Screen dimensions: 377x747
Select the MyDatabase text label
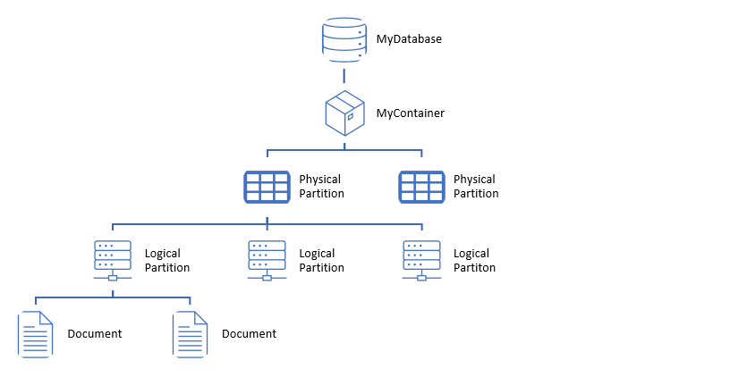409,39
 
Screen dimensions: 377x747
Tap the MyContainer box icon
344,113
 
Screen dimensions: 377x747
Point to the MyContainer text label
411,113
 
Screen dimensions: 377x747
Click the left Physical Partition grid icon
267,187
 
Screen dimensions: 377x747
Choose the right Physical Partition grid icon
421,187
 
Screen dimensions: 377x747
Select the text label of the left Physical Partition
321,187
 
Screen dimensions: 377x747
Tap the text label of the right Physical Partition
476,187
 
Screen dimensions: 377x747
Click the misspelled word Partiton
474,268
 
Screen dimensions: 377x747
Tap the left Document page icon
35,334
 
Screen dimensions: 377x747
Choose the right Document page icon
190,334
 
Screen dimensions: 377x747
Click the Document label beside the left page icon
95,334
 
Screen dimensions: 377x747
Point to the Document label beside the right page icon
249,334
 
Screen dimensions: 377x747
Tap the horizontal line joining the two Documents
113,297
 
